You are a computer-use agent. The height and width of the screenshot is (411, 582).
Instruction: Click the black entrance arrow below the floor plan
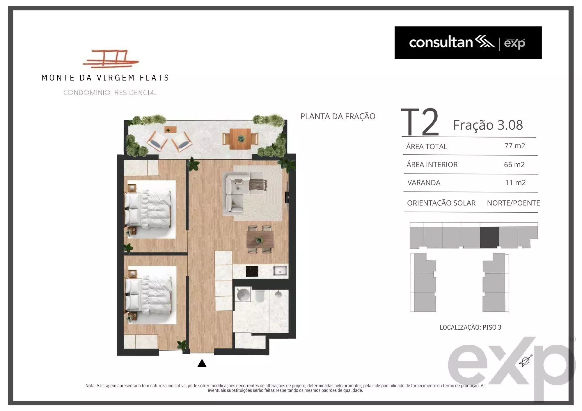pyautogui.click(x=202, y=363)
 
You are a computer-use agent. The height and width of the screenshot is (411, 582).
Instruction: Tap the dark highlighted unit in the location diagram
pyautogui.click(x=489, y=237)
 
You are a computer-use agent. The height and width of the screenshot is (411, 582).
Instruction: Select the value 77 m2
pyautogui.click(x=515, y=146)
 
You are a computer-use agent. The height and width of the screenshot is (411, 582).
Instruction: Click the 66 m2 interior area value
pyautogui.click(x=514, y=165)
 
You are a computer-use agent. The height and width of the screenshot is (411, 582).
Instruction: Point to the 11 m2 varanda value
pyautogui.click(x=515, y=183)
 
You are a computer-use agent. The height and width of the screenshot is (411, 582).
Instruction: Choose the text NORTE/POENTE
pyautogui.click(x=513, y=203)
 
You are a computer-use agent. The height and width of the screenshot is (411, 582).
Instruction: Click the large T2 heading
pyautogui.click(x=420, y=122)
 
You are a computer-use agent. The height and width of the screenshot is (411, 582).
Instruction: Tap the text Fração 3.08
pyautogui.click(x=488, y=125)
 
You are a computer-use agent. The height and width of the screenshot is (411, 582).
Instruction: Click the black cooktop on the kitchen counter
pyautogui.click(x=252, y=271)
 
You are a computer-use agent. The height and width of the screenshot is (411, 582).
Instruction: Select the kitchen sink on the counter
pyautogui.click(x=280, y=271)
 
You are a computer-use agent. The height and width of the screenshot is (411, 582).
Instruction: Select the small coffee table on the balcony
pyautogui.click(x=170, y=130)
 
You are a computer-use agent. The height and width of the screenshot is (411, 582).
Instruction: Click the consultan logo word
pyautogui.click(x=441, y=42)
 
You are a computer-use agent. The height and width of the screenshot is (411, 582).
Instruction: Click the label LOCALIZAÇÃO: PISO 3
pyautogui.click(x=470, y=327)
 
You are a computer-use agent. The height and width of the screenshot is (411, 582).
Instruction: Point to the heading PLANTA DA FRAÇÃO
pyautogui.click(x=338, y=116)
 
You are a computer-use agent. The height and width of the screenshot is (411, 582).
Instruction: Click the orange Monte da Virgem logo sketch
pyautogui.click(x=111, y=59)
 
